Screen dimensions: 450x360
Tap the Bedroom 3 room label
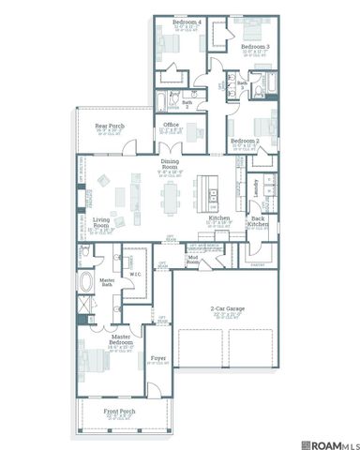[255, 45]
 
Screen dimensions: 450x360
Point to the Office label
[171, 124]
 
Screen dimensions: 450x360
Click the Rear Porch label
[109, 125]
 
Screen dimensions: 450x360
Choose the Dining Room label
[171, 165]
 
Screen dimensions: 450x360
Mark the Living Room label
[100, 225]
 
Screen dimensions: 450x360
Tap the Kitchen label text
[218, 218]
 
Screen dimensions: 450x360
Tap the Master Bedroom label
[121, 338]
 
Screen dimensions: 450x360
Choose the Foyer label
[157, 356]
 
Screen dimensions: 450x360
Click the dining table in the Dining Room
[170, 198]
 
